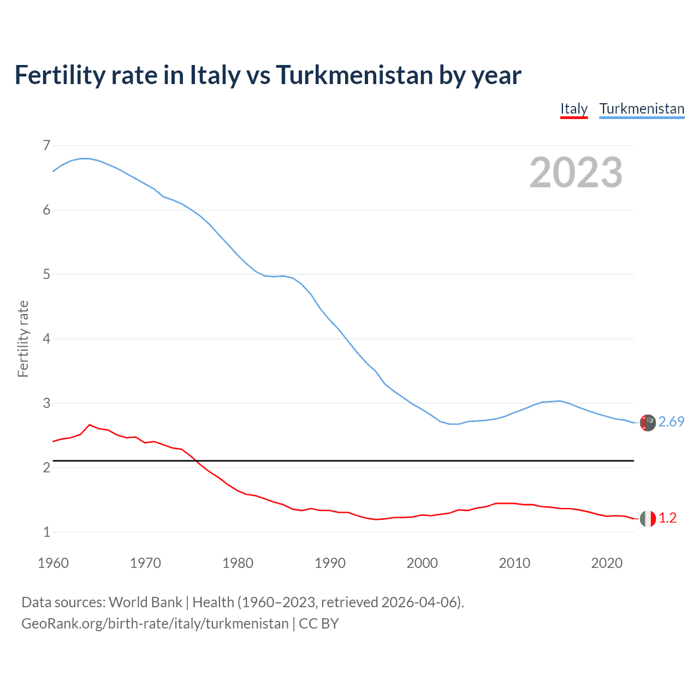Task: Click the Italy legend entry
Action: [573, 109]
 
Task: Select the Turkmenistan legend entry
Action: [642, 109]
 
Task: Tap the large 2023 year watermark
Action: [576, 173]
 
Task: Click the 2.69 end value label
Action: [671, 422]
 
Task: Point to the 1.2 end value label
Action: [667, 518]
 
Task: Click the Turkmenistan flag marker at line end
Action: [648, 423]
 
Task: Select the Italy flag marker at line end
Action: [648, 518]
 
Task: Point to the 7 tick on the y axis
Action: [46, 145]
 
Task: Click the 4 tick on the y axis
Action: [46, 339]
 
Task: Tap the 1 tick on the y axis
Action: [46, 532]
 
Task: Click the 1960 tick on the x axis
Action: [53, 563]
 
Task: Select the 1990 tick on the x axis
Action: [330, 563]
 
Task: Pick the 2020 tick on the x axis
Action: [607, 563]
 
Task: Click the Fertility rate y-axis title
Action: [23, 339]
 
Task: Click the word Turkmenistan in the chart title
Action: [354, 75]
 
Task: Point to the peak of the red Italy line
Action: [90, 424]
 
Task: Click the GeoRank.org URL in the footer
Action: [155, 624]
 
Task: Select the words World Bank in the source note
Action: [145, 602]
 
